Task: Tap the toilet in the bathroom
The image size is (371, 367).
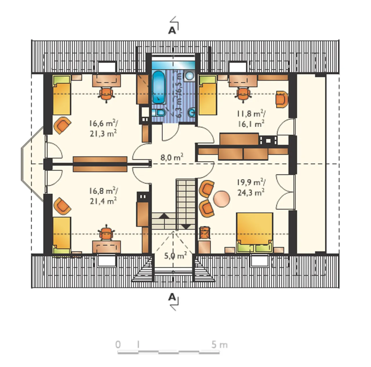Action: [159, 113]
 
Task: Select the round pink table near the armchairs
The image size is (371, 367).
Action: [221, 199]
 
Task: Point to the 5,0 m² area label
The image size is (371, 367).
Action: [175, 256]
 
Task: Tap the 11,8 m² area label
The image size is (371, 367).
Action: [251, 114]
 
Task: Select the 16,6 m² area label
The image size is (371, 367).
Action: [103, 123]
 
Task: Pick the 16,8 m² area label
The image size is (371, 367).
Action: [103, 191]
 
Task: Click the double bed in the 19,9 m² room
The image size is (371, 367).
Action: [254, 233]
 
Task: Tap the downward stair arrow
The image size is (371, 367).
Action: [186, 227]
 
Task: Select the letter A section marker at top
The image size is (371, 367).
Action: [172, 31]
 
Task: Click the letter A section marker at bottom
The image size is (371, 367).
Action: [172, 297]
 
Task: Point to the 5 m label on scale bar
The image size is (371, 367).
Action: [219, 344]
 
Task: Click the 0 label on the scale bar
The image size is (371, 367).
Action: [118, 344]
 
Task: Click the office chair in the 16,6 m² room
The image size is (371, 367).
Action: [106, 94]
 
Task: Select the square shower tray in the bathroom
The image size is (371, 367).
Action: [190, 75]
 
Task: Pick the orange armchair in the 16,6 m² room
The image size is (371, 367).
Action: [62, 125]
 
